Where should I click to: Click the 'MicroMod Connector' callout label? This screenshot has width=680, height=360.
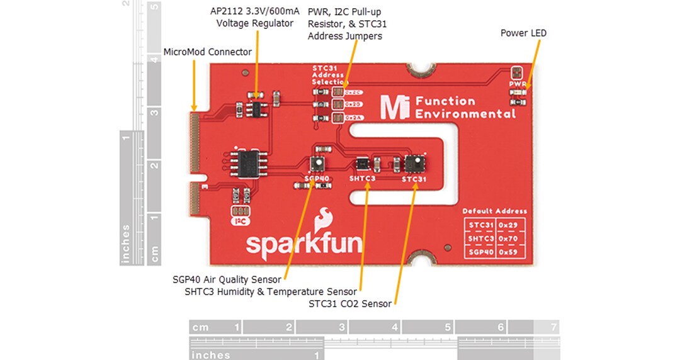pyautogui.click(x=207, y=52)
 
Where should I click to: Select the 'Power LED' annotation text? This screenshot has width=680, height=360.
pyautogui.click(x=523, y=33)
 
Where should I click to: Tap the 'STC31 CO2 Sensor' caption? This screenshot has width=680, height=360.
pyautogui.click(x=349, y=304)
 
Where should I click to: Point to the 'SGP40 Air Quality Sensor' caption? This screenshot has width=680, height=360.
pyautogui.click(x=227, y=279)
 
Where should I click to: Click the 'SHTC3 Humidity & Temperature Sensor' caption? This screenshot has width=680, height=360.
pyautogui.click(x=271, y=291)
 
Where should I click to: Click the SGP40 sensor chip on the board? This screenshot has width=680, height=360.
pyautogui.click(x=318, y=164)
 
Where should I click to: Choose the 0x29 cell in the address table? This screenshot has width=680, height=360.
pyautogui.click(x=510, y=225)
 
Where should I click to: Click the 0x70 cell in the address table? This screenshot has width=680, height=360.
pyautogui.click(x=510, y=239)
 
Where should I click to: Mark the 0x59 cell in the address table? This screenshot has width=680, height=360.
pyautogui.click(x=510, y=252)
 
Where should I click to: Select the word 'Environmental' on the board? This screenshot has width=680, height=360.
pyautogui.click(x=466, y=114)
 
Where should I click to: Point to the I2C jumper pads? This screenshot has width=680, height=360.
pyautogui.click(x=239, y=211)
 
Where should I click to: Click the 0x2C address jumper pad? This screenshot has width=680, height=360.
pyautogui.click(x=338, y=93)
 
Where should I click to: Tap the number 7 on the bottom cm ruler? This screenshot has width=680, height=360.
pyautogui.click(x=553, y=327)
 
